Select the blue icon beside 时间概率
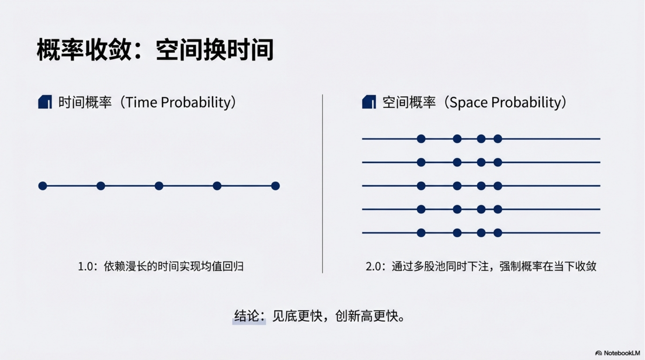45,102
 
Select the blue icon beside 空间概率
369,102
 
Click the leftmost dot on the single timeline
43,186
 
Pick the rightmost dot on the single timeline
276,186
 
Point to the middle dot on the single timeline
159,186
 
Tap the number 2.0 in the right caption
373,266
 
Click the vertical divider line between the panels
322,184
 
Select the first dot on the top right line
421,139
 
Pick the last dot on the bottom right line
498,233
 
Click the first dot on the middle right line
421,186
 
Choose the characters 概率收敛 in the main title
84,50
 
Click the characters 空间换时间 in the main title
214,50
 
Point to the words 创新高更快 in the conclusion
367,316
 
